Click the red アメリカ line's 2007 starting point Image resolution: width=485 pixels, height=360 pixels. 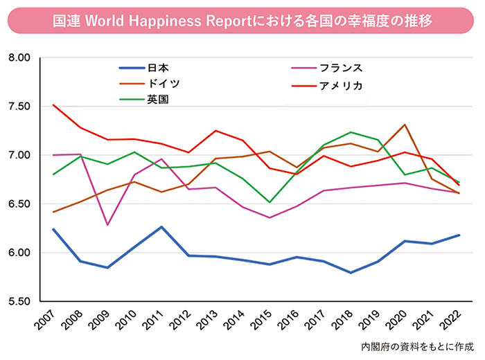[53, 105]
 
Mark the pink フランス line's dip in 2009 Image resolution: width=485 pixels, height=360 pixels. [107, 225]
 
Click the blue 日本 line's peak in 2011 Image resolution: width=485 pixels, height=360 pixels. [161, 227]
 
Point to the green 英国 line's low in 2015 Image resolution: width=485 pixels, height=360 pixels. [270, 202]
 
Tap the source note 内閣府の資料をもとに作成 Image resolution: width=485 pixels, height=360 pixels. [420, 345]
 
